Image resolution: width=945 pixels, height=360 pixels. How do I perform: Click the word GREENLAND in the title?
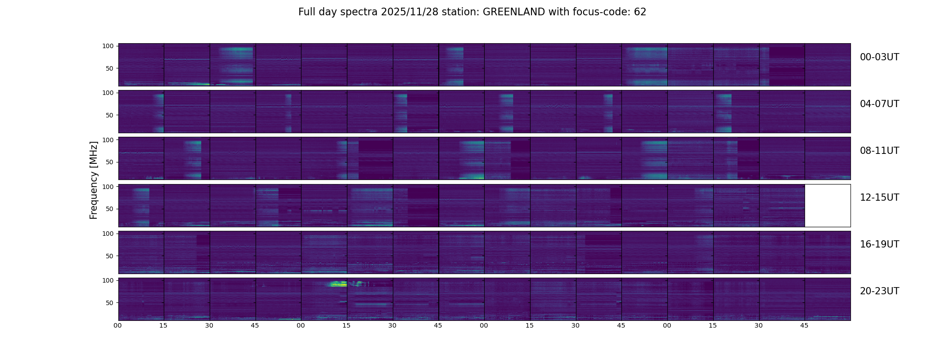tap(513, 12)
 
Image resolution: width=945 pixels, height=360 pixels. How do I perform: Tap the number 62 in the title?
tap(640, 12)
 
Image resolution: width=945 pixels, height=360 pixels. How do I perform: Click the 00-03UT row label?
tap(879, 57)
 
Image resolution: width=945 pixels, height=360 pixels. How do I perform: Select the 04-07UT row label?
tap(879, 104)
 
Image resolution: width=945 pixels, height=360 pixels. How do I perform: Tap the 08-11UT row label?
tap(879, 151)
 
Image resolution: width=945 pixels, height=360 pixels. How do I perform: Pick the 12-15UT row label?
tap(879, 198)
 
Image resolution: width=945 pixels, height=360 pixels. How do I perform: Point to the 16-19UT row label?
tap(879, 244)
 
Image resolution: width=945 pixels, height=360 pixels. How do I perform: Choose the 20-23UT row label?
tap(879, 291)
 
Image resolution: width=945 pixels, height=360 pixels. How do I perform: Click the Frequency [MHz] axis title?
tap(94, 180)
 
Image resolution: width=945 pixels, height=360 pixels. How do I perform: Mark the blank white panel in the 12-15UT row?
tap(828, 205)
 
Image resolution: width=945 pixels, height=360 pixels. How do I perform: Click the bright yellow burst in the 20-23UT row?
tap(337, 284)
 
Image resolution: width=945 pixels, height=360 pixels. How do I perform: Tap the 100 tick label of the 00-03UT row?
tap(108, 46)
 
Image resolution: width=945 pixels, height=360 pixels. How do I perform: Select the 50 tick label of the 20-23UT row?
tap(109, 303)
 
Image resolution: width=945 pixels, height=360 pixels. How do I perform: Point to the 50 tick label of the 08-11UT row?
tap(109, 162)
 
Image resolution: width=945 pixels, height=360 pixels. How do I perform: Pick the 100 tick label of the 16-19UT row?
tap(108, 234)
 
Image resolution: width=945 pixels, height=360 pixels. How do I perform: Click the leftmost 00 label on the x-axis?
tap(118, 325)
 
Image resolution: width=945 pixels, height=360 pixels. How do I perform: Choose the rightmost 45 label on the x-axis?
tap(805, 325)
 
